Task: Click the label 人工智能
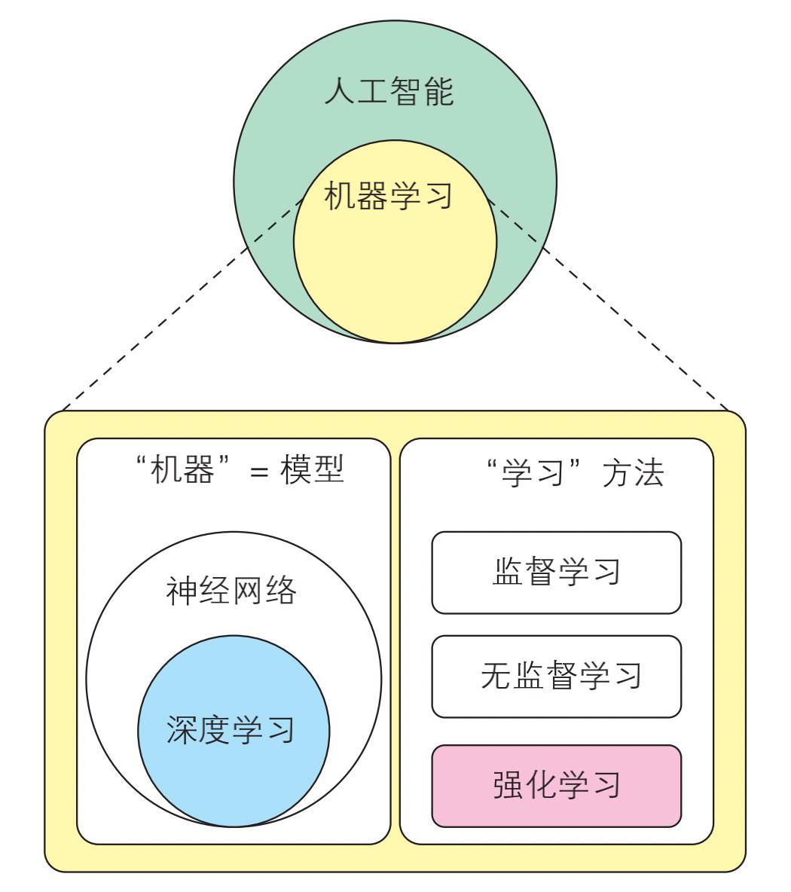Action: click(389, 93)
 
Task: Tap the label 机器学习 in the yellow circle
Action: click(389, 197)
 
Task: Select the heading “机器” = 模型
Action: click(238, 472)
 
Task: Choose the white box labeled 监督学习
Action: click(556, 573)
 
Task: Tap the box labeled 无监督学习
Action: click(556, 676)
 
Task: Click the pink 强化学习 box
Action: click(556, 785)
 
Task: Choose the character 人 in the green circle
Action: click(339, 93)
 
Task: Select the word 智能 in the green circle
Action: click(422, 93)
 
